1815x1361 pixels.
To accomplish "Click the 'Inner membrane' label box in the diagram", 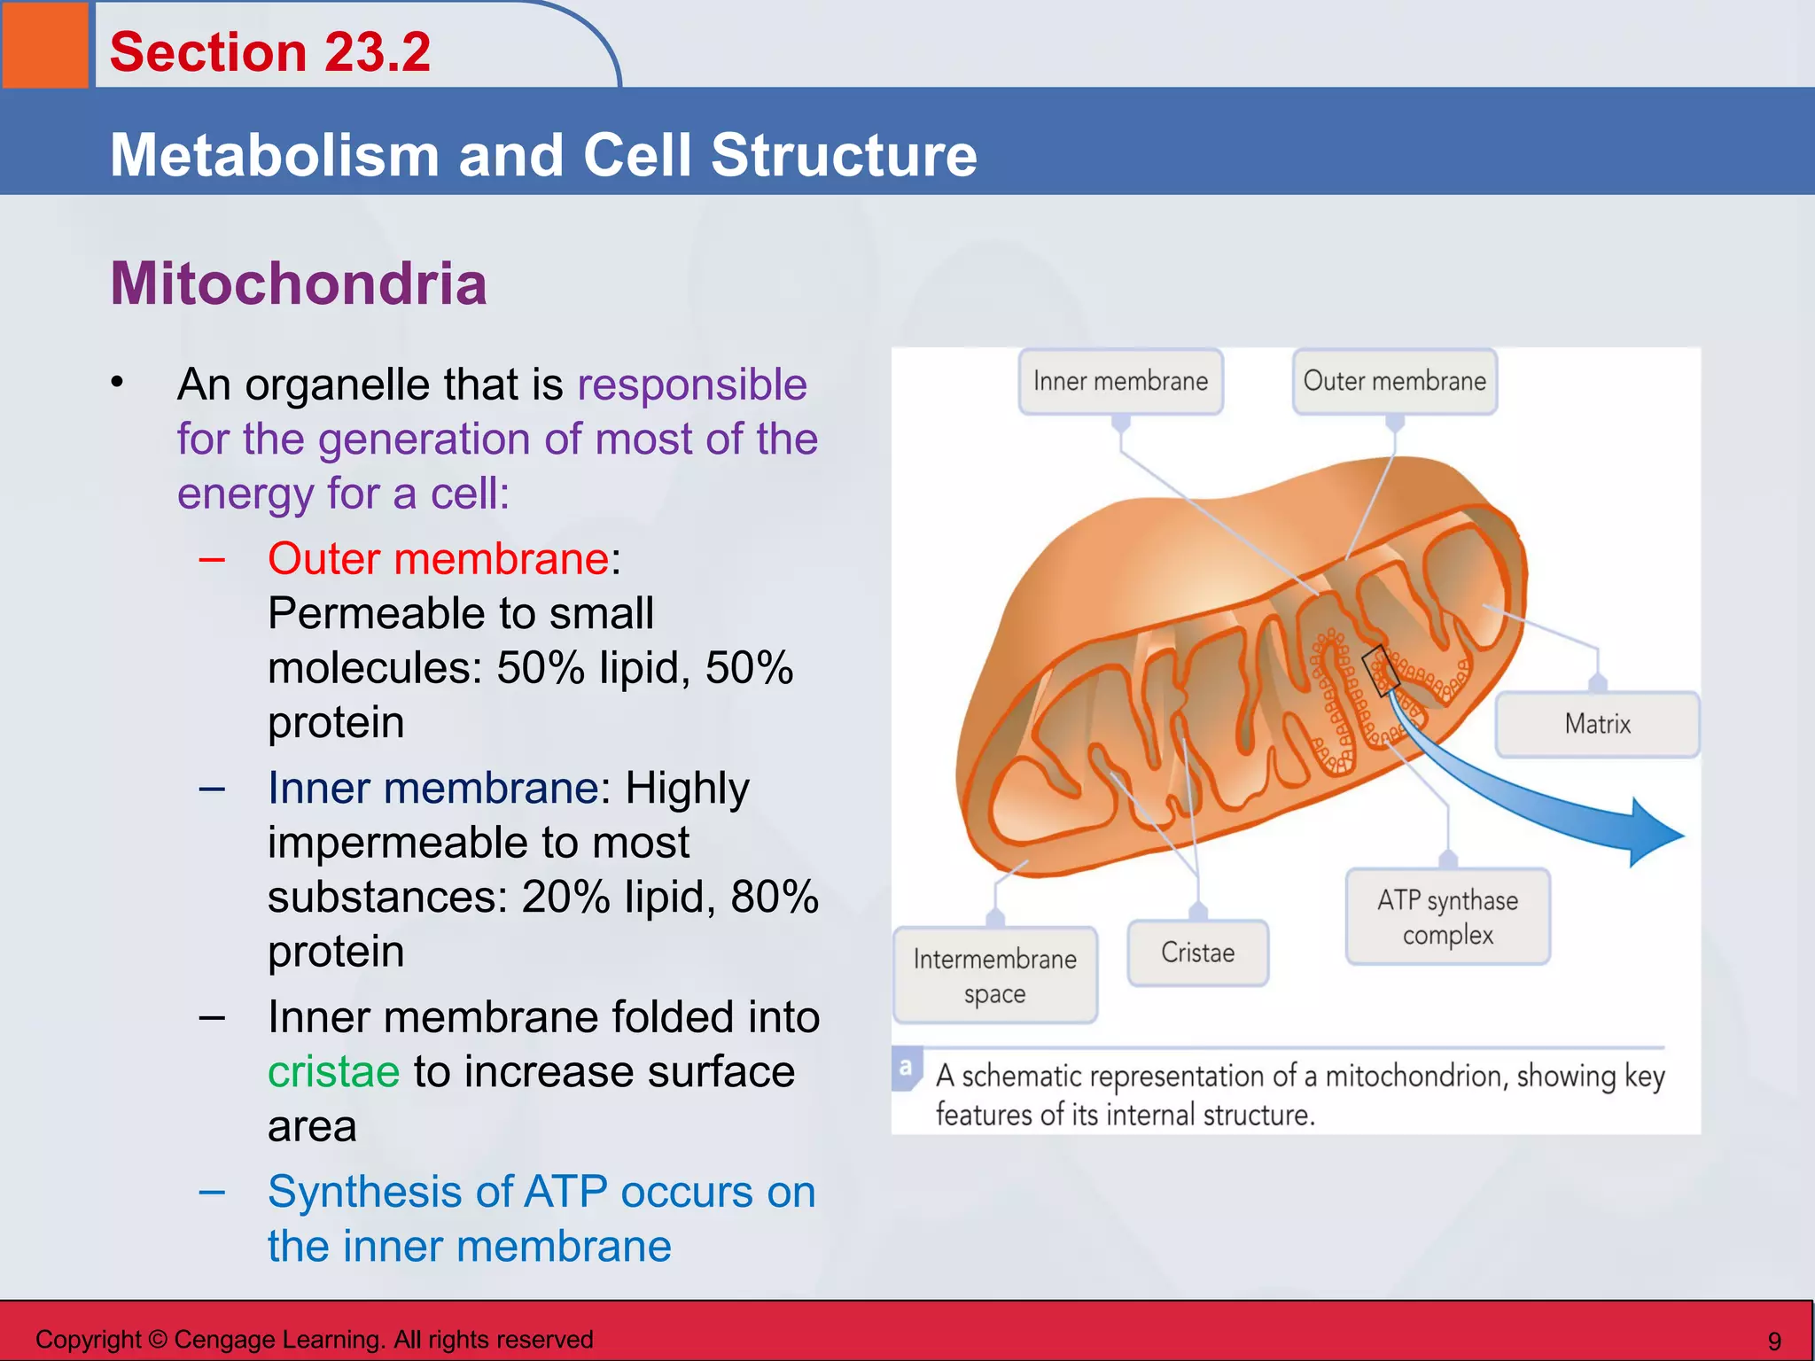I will [1120, 381].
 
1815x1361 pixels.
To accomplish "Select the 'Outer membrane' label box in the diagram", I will [1394, 381].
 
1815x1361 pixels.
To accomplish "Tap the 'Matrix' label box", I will [1597, 724].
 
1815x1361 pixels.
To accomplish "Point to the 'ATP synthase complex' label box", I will [1447, 917].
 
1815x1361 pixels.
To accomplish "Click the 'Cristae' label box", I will [1197, 953].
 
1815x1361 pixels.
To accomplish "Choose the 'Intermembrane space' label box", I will [994, 976].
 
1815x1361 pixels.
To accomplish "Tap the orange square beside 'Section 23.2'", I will [45, 44].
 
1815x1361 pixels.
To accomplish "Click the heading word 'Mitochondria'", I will [299, 284].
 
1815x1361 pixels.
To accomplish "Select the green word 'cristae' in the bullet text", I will [333, 1072].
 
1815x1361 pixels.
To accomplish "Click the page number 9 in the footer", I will [1774, 1341].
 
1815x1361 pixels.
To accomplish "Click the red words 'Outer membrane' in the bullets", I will [438, 559].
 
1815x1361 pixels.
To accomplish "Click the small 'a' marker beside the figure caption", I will [905, 1067].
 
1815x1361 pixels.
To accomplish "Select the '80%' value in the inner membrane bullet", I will [775, 897].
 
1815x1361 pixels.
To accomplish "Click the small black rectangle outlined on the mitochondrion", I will [1380, 670].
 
